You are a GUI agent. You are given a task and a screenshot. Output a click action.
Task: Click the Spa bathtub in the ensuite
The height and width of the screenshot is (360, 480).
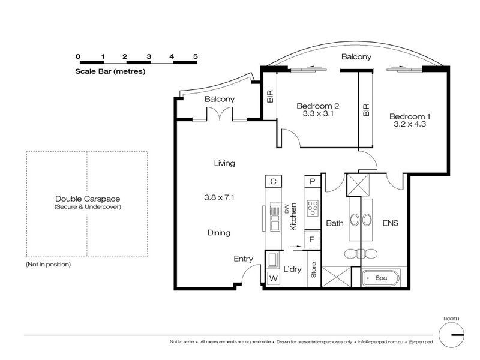click(x=381, y=278)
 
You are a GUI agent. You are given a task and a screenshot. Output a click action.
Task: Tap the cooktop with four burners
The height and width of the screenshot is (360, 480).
click(x=313, y=208)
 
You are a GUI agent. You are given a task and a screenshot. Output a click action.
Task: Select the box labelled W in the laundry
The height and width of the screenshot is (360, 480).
click(x=274, y=278)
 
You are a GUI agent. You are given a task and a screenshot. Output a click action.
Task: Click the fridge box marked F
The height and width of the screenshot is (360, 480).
click(x=312, y=239)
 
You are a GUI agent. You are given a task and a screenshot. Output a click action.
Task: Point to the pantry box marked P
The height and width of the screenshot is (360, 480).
click(x=312, y=181)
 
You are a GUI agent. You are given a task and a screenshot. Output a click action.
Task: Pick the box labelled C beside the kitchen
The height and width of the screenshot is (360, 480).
click(x=273, y=181)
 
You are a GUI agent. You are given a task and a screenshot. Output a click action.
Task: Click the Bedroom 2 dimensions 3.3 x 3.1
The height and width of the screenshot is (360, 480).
click(x=318, y=113)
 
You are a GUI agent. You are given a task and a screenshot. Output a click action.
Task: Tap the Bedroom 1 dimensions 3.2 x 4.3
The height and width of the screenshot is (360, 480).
click(x=410, y=124)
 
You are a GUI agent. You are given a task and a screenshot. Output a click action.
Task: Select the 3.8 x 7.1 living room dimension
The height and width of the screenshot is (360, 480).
click(x=219, y=197)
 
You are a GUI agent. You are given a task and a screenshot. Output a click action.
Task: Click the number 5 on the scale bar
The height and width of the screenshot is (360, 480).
click(x=196, y=56)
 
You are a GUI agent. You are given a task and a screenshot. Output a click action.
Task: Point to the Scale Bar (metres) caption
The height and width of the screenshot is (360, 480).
click(x=110, y=71)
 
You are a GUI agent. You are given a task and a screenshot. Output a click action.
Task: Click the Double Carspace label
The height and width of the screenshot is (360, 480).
click(x=88, y=199)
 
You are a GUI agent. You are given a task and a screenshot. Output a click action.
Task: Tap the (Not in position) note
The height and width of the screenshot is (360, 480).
click(x=49, y=264)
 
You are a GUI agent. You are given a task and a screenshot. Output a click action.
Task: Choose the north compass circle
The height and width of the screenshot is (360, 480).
click(x=451, y=335)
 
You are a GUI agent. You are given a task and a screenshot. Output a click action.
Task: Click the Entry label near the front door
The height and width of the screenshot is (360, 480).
click(x=244, y=259)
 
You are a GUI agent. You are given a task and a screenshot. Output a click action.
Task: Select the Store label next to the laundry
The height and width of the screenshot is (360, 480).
click(x=313, y=269)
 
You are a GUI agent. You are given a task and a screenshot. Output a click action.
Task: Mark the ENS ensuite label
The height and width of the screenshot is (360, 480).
click(x=391, y=223)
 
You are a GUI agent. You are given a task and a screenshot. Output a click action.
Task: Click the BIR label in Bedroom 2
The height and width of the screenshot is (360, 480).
click(x=270, y=96)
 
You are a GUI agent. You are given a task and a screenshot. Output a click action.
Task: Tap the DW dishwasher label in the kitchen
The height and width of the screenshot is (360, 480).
click(x=287, y=209)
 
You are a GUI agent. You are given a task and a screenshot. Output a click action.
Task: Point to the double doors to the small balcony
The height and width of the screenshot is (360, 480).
click(x=220, y=114)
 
